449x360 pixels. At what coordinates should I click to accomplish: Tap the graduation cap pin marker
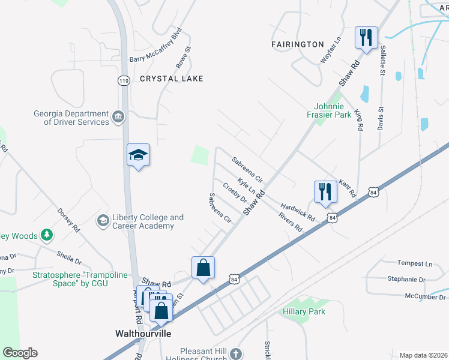(138, 156)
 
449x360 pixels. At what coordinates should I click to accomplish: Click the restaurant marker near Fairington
(366, 38)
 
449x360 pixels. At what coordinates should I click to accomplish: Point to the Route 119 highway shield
(124, 81)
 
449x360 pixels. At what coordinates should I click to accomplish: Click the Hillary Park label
(304, 311)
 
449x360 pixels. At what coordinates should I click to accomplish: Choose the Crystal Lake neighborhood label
(172, 79)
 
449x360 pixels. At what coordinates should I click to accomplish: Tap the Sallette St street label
(382, 60)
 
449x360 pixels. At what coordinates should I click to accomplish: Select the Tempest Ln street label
(415, 263)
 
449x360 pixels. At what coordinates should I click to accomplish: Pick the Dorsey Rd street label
(68, 220)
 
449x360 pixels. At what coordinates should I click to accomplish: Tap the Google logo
(20, 353)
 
